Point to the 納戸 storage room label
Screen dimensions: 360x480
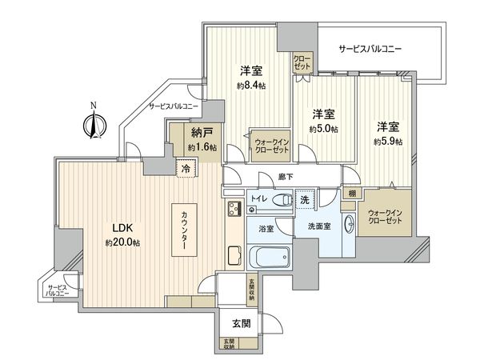(x=202, y=134)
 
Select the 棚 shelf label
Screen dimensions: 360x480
(x=351, y=194)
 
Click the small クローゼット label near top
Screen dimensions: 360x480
(x=302, y=62)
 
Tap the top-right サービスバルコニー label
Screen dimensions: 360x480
(x=370, y=50)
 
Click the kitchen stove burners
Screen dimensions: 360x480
(x=235, y=210)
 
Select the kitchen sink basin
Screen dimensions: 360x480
(x=234, y=257)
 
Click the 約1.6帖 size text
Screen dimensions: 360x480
(x=202, y=148)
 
